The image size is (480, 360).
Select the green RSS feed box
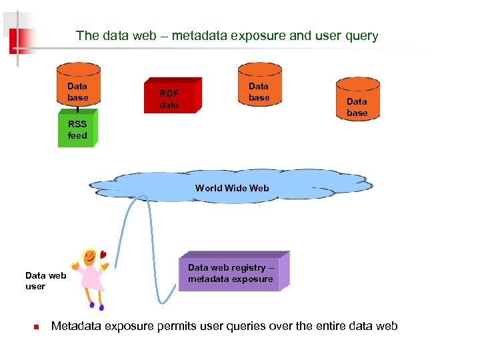pos(77,130)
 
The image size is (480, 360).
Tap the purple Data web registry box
pos(233,273)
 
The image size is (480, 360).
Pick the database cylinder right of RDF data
pos(259,85)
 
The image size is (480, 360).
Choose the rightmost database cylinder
pos(357,100)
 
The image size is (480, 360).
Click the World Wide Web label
pos(232,188)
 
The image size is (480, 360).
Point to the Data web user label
pos(45,281)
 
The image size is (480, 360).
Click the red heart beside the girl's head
pos(103,253)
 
